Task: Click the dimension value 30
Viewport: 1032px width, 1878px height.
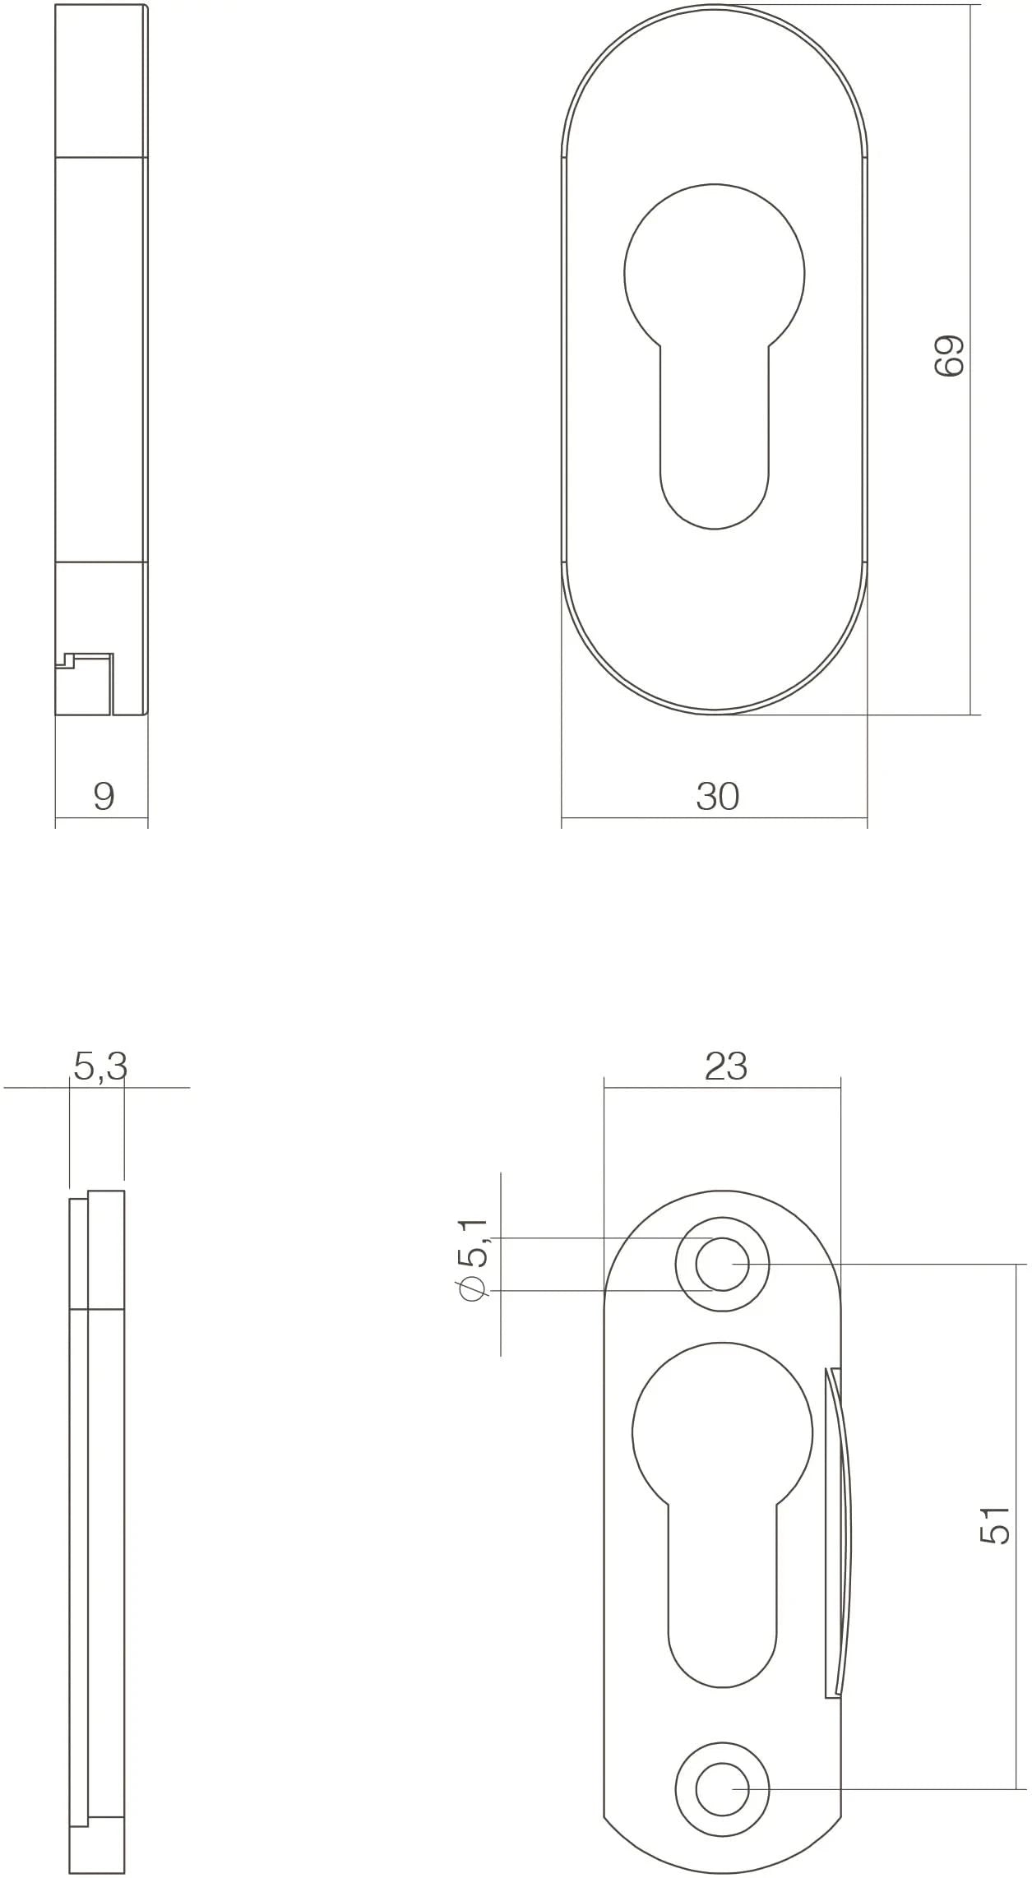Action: pyautogui.click(x=718, y=797)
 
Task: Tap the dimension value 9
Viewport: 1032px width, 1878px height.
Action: pyautogui.click(x=104, y=797)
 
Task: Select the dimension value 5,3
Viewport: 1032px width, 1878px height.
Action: pyautogui.click(x=100, y=1067)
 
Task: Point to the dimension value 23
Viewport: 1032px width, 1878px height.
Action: pyautogui.click(x=725, y=1066)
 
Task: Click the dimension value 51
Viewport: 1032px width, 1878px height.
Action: pyautogui.click(x=995, y=1524)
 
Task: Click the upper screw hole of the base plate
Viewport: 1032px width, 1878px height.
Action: pyautogui.click(x=722, y=1264)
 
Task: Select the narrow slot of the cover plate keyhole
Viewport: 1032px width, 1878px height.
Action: pyautogui.click(x=714, y=444)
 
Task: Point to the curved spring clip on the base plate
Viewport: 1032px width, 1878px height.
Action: pyautogui.click(x=840, y=1529)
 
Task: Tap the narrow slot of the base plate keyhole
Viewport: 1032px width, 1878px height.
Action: pyautogui.click(x=722, y=1603)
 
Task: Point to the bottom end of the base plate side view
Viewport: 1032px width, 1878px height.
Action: pyautogui.click(x=97, y=1854)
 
